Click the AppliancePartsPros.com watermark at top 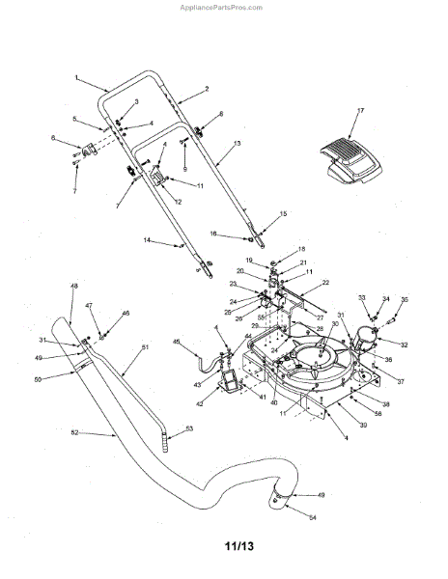[x=223, y=6]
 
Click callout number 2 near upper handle [x=206, y=89]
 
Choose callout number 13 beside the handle [x=238, y=142]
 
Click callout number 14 [x=147, y=239]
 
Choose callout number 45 [x=176, y=341]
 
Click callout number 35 [x=404, y=300]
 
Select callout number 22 [x=325, y=282]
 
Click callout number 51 [x=146, y=346]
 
